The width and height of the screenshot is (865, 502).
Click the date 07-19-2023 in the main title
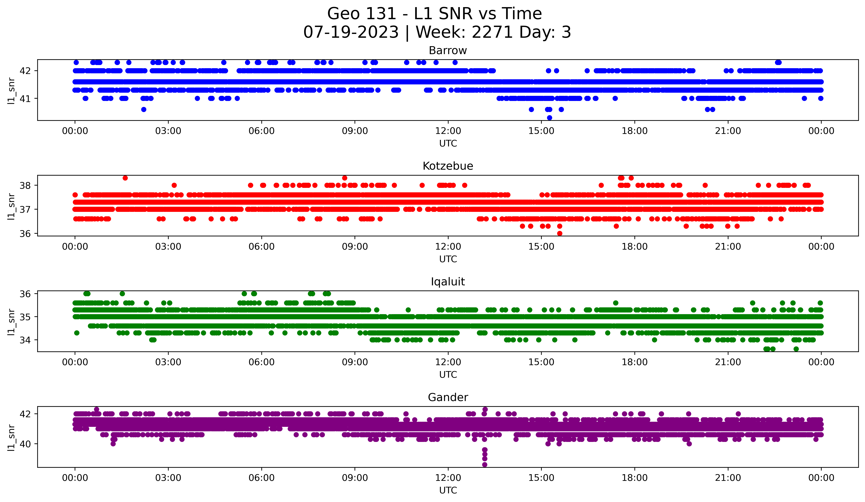tap(351, 32)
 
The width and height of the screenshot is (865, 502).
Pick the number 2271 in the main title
tap(492, 32)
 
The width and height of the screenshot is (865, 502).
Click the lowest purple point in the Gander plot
tap(485, 465)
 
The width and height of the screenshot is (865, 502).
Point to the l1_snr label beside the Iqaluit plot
tap(11, 322)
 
